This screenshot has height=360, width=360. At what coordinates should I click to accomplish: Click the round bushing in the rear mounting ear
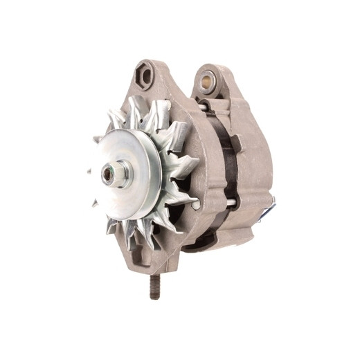[206, 82]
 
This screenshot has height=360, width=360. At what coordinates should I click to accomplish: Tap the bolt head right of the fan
[196, 204]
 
